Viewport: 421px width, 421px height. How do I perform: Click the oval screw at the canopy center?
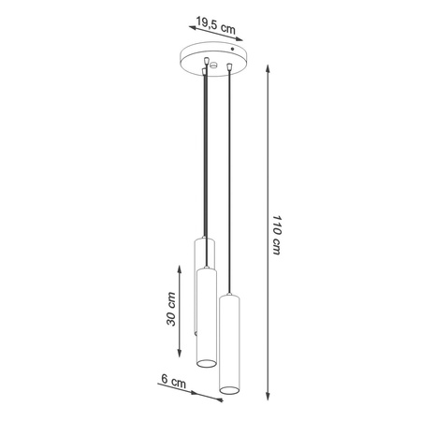pos(212,65)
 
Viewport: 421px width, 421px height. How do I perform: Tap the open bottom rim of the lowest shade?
pos(229,387)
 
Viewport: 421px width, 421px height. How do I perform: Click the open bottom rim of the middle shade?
pos(206,361)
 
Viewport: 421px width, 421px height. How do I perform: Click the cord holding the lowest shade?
pos(229,187)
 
